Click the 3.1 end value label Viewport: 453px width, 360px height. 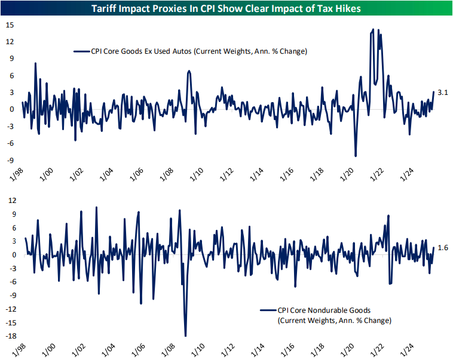point(443,93)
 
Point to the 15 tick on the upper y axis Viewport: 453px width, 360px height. point(10,25)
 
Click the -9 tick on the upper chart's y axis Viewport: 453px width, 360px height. point(10,160)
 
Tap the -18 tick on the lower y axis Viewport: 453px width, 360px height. point(9,336)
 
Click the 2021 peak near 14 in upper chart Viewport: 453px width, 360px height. point(374,29)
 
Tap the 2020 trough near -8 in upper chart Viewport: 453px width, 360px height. point(356,156)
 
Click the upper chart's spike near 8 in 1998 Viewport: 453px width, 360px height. point(35,63)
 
